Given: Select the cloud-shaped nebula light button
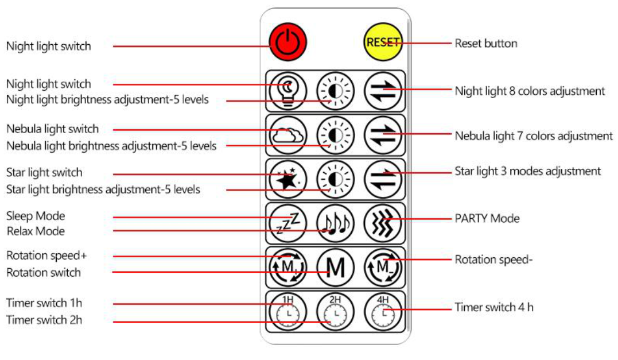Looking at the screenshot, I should tap(288, 135).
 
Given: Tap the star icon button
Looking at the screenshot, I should tap(288, 179).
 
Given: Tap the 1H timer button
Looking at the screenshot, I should tap(288, 312).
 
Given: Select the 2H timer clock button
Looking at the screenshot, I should tap(336, 312).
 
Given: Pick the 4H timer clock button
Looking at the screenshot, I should tap(383, 312).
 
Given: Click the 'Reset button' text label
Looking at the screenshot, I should tap(485, 44).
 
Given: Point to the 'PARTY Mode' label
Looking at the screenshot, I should tap(487, 219).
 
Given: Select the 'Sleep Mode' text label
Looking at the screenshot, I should tap(36, 216).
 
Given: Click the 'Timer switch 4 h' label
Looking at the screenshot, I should tap(493, 307).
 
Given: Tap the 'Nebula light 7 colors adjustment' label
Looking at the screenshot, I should tap(534, 136).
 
